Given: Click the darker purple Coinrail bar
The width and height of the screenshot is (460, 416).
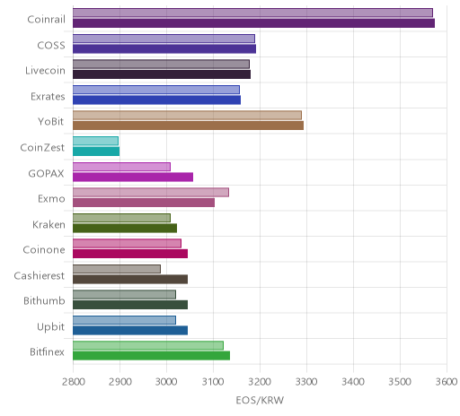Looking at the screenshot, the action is pos(253,23).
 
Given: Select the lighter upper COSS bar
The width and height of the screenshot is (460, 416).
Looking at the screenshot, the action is pos(164,39).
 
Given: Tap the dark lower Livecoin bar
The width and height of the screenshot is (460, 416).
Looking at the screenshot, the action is pos(162,74).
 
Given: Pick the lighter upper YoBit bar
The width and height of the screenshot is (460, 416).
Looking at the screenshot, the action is pos(187,116).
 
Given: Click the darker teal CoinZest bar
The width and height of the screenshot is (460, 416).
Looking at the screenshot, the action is pos(96,152).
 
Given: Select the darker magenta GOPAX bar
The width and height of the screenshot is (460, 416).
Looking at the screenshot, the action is pos(133,177).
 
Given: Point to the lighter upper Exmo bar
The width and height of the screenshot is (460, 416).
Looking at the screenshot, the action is pos(151,193).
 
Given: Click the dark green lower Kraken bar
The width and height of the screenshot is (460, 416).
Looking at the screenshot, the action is pos(125,228).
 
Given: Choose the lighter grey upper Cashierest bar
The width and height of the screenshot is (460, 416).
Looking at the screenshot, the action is pos(117,269).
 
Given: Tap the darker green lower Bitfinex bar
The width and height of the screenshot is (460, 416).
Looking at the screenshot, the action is pos(151,356).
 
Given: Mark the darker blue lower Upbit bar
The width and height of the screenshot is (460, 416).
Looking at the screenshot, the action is pos(130,330).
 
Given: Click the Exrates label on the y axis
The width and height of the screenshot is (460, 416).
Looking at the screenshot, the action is pos(48,97).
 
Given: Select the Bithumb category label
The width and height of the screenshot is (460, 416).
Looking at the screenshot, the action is pos(44,300).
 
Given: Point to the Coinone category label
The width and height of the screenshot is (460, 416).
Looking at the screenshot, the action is pos(44,250).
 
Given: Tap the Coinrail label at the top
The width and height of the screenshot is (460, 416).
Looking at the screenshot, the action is pos(47,20).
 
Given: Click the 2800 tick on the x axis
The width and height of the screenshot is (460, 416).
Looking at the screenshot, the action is pos(74,382).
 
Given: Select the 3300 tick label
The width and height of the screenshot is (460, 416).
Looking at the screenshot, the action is pos(306,382).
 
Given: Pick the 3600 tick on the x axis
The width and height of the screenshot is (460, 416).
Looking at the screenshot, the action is pos(447,382).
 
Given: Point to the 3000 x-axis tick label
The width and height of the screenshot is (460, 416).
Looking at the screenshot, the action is pos(166,382).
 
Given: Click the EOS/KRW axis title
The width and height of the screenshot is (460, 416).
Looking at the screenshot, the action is pos(260,400).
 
